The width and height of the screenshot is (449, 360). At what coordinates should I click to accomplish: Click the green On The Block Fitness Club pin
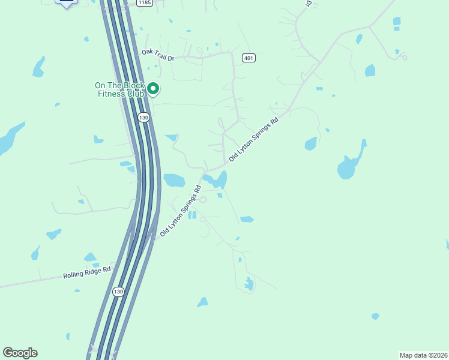click(153, 89)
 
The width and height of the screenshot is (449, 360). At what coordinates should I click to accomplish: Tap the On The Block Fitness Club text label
click(119, 89)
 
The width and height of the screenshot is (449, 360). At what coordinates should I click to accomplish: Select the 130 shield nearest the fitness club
click(143, 118)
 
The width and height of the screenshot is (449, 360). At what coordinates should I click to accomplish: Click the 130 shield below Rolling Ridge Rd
click(118, 292)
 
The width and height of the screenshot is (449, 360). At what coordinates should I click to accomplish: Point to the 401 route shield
click(249, 58)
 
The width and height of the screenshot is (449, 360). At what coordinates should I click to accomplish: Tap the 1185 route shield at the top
click(144, 3)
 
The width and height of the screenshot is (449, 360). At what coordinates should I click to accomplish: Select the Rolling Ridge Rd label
click(87, 273)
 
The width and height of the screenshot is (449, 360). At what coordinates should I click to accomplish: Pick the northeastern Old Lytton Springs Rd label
click(254, 139)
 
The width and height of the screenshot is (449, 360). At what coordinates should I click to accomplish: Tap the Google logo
click(20, 353)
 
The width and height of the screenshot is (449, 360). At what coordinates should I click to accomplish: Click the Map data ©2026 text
click(423, 355)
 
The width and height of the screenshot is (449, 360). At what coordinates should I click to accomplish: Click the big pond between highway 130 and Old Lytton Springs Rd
click(174, 180)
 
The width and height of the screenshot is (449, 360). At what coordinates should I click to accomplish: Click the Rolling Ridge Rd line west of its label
click(30, 281)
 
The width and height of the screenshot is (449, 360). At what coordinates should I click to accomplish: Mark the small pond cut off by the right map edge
click(447, 244)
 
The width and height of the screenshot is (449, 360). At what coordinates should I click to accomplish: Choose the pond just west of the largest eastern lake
click(310, 144)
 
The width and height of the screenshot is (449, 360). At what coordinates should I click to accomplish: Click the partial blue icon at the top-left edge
click(66, 2)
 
